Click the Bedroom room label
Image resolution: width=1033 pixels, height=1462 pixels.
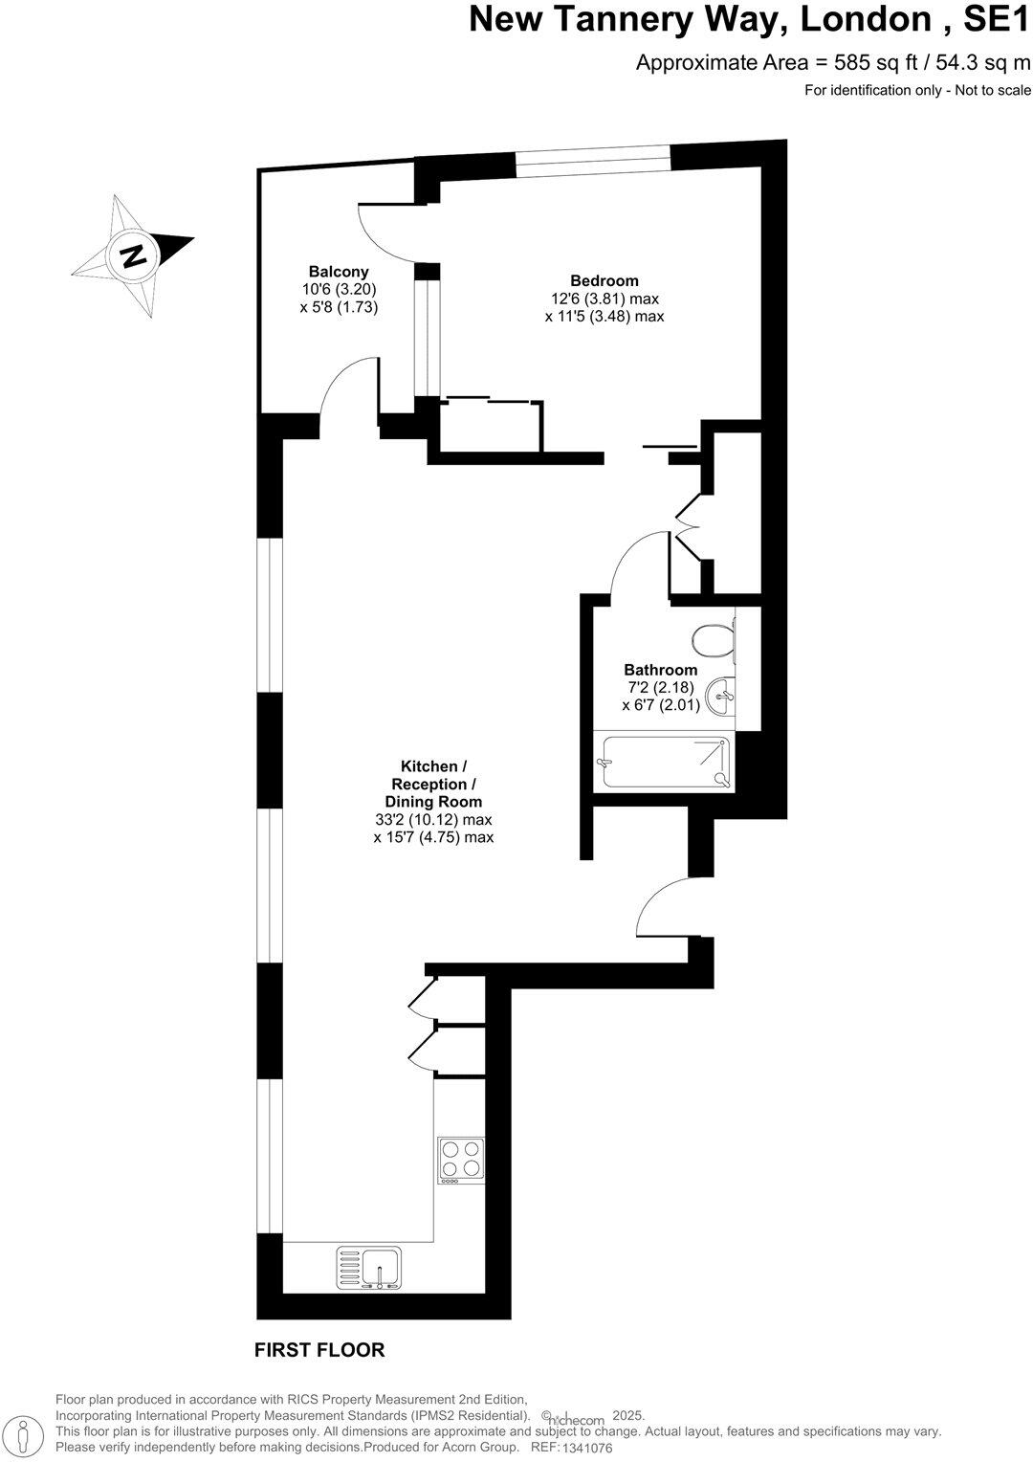tap(604, 280)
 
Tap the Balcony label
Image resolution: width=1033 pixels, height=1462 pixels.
tap(339, 272)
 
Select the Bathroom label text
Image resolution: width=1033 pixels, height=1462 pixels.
tap(660, 670)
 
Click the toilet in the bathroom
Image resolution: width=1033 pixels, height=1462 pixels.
tap(714, 643)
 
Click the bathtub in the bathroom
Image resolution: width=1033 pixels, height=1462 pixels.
tap(664, 763)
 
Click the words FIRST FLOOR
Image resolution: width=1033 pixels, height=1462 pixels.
tap(319, 1350)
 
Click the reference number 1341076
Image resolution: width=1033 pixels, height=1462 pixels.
tap(585, 1448)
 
